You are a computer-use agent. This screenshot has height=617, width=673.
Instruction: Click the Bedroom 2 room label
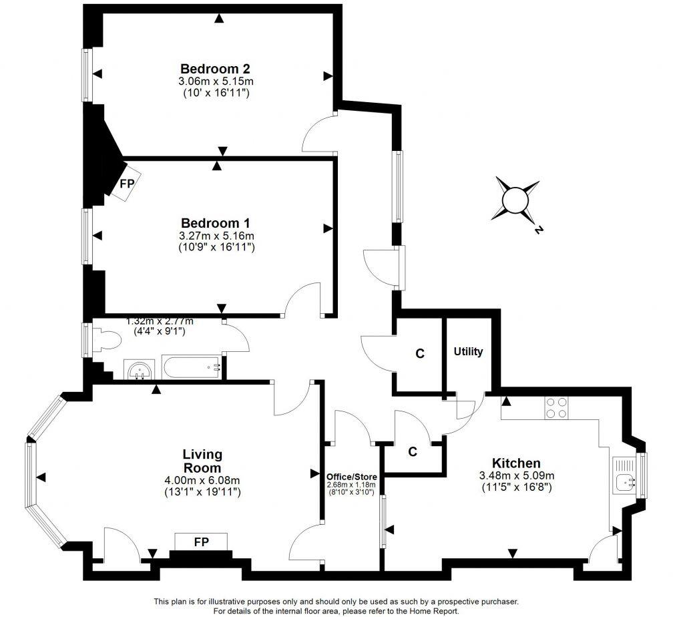(x=215, y=69)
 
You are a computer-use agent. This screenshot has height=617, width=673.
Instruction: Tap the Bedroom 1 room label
(x=215, y=223)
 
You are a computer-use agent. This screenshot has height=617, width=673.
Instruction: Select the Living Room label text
(x=202, y=461)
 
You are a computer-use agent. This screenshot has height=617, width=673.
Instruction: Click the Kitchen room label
(x=516, y=463)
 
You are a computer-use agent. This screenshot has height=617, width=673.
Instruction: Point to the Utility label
(x=468, y=352)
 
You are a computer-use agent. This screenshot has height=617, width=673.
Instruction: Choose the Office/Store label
(x=351, y=475)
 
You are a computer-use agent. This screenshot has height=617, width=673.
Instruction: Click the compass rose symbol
(x=515, y=200)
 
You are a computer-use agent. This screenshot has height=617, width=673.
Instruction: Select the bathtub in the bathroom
(x=191, y=367)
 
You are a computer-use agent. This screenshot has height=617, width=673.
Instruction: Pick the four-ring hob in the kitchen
(x=557, y=407)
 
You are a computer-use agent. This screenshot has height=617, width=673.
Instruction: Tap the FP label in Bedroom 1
(x=126, y=183)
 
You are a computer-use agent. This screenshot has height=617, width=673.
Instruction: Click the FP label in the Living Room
(x=201, y=542)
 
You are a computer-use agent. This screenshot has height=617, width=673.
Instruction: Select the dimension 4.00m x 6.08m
(x=202, y=480)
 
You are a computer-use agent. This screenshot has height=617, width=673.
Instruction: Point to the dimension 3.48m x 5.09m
(x=516, y=475)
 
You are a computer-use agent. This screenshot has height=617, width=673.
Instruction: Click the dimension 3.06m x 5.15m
(x=215, y=81)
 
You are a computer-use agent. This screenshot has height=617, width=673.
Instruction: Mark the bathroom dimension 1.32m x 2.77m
(x=165, y=321)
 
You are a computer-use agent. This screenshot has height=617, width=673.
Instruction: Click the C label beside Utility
(x=420, y=354)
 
